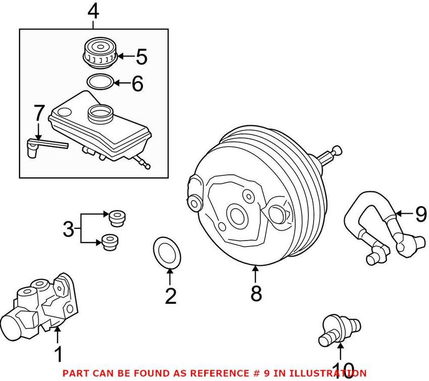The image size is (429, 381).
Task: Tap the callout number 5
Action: (x=141, y=57)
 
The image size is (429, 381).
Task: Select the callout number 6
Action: (x=137, y=83)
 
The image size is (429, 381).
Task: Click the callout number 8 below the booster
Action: (x=256, y=293)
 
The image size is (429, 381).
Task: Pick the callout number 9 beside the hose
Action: (x=420, y=215)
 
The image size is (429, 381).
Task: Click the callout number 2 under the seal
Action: (x=171, y=295)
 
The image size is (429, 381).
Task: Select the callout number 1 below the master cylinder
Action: (x=59, y=354)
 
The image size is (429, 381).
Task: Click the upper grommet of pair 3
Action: (x=117, y=218)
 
